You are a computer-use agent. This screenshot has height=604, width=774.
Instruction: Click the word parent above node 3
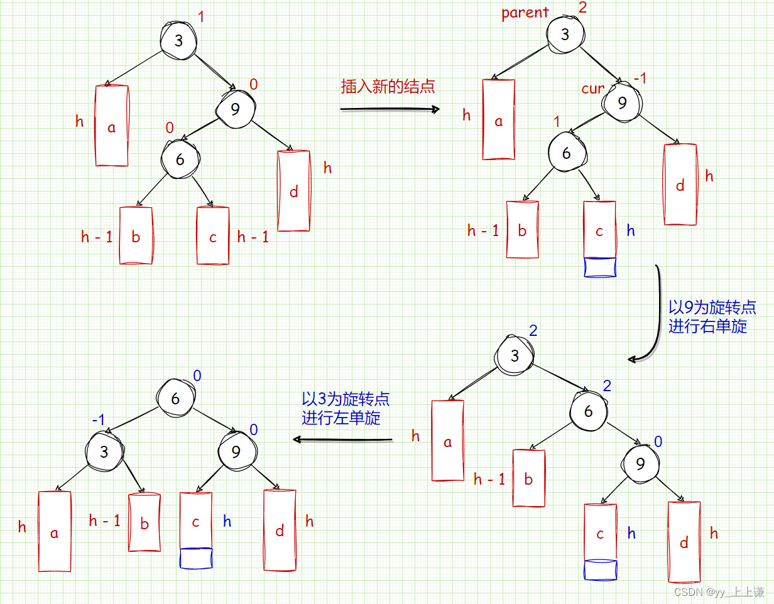[x=525, y=13]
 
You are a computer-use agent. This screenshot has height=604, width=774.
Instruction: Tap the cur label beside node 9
[x=592, y=89]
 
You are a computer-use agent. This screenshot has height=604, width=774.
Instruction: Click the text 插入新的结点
[x=388, y=87]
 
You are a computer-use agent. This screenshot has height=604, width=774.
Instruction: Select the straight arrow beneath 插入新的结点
[x=390, y=109]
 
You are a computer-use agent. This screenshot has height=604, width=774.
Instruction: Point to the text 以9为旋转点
[x=712, y=308]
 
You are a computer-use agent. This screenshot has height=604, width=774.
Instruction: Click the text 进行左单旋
[x=341, y=418]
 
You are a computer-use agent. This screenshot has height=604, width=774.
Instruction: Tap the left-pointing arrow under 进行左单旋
[x=343, y=440]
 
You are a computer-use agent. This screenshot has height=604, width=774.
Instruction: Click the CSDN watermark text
[x=719, y=591]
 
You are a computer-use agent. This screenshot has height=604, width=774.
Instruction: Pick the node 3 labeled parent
[x=564, y=34]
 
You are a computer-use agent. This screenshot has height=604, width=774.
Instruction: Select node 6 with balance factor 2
[x=589, y=411]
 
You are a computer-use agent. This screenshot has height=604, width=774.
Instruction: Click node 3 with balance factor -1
[x=105, y=451]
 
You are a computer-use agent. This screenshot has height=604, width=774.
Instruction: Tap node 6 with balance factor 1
[x=566, y=153]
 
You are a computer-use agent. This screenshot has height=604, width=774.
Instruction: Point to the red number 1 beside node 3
[x=201, y=17]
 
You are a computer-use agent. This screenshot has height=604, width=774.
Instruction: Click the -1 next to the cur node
[x=640, y=78]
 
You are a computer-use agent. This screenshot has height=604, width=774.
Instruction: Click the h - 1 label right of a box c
[x=253, y=237]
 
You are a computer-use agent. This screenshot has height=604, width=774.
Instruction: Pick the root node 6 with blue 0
[x=175, y=399]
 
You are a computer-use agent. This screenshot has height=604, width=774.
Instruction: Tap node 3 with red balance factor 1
[x=178, y=41]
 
